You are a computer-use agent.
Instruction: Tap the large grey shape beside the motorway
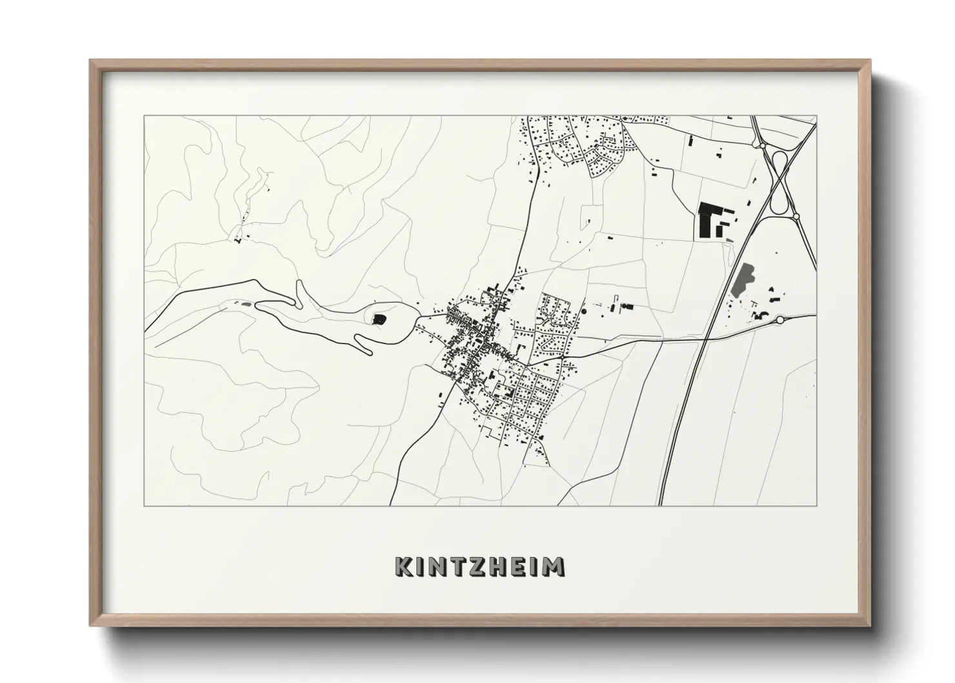click(744, 280)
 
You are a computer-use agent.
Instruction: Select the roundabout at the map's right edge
click(779, 320)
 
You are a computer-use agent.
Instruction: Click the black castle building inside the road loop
click(379, 318)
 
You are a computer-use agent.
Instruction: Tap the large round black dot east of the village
click(584, 311)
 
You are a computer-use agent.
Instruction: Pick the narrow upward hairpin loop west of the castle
click(299, 292)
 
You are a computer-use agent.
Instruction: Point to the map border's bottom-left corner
click(145, 505)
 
